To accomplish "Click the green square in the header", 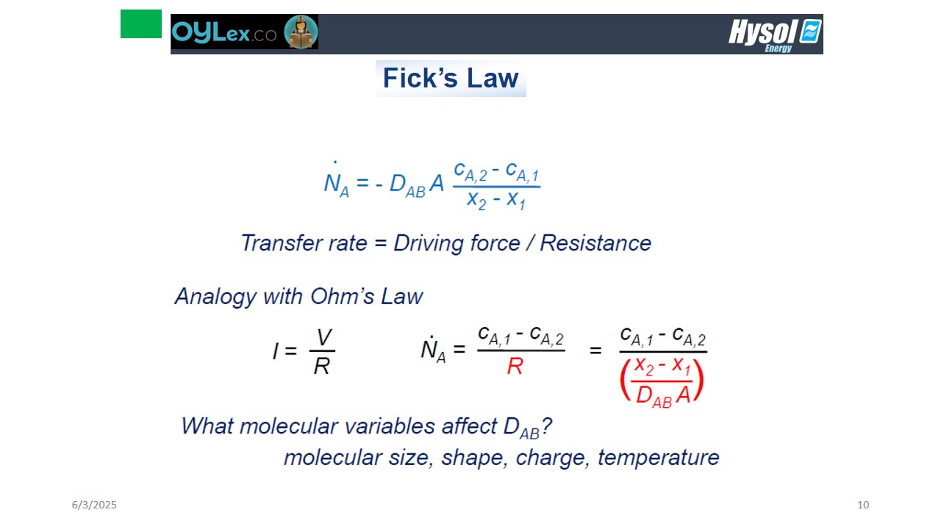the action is click(x=141, y=24).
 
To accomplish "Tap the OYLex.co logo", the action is click(x=224, y=32).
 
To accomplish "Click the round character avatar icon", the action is click(x=301, y=32).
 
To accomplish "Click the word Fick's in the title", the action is click(x=421, y=78).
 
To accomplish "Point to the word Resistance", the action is click(x=595, y=243).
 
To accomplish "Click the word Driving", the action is click(x=428, y=244).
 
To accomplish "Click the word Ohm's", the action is click(x=342, y=296).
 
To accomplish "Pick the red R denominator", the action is click(x=515, y=366).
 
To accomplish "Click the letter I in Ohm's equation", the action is click(x=276, y=351).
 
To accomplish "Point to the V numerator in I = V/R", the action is click(x=324, y=337).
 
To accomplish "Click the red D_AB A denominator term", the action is click(x=663, y=396).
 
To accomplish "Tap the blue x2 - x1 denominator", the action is click(x=495, y=200).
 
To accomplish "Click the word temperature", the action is click(x=658, y=458).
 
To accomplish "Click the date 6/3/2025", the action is click(x=94, y=505).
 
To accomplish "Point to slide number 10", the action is click(x=863, y=505).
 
